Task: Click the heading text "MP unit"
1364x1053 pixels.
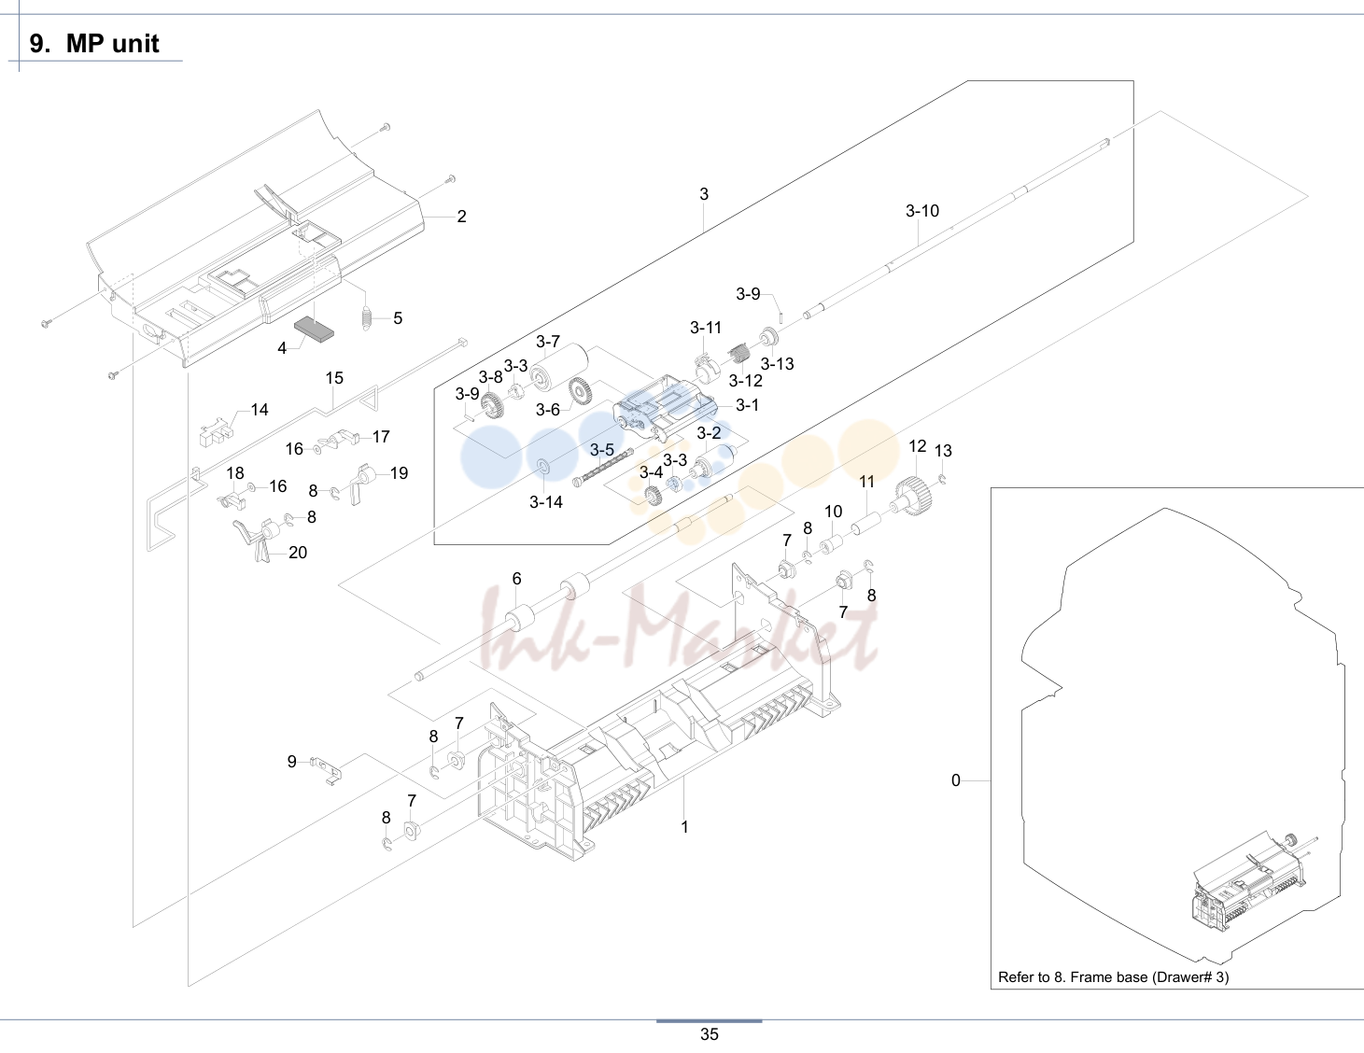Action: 112,44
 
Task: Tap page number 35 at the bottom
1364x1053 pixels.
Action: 710,1034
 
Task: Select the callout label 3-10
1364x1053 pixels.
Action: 922,211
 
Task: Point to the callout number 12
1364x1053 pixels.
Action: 917,446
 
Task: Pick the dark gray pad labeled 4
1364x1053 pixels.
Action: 314,330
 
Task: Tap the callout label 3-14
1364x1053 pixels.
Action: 546,502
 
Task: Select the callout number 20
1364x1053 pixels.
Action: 298,553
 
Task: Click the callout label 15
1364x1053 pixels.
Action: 334,378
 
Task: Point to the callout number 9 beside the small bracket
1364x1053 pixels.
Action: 292,761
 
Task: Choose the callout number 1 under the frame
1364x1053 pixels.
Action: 685,827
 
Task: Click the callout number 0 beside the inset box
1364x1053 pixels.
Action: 955,780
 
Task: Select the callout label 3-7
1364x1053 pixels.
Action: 548,342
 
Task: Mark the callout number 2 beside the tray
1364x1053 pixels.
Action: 461,217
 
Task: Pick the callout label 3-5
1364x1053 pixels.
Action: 602,450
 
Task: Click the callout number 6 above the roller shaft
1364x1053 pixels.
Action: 516,579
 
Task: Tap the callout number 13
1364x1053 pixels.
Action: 943,451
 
